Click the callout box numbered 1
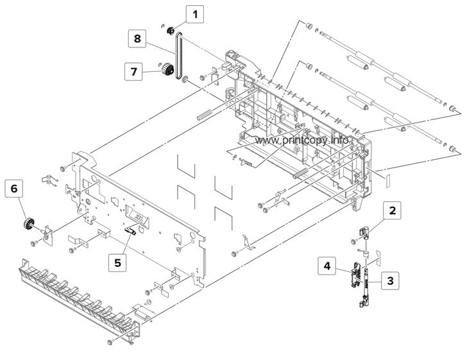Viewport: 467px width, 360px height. coord(196,12)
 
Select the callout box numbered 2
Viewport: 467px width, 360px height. coord(394,210)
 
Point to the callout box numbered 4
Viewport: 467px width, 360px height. coord(327,265)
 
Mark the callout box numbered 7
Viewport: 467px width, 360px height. coord(135,71)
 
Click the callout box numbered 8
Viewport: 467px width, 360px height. coord(137,39)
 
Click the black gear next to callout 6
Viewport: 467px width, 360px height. coord(28,225)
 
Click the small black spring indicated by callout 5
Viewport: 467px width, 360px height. coord(130,231)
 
